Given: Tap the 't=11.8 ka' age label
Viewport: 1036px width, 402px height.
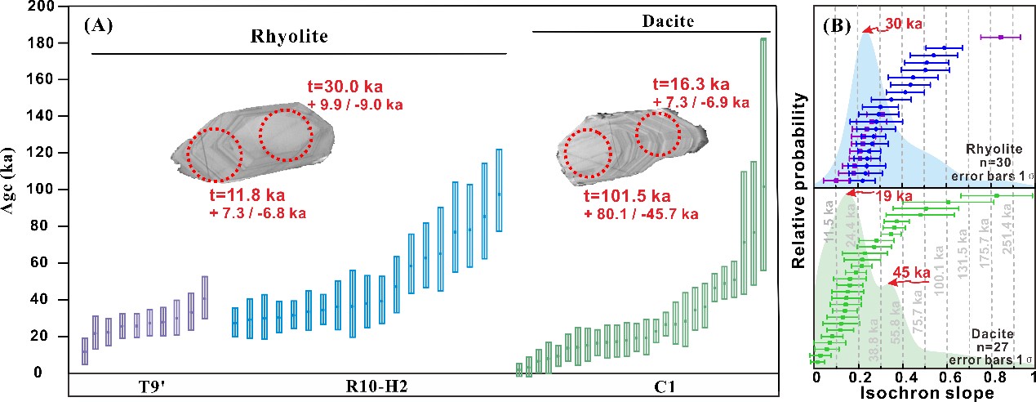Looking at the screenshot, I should click(x=247, y=198).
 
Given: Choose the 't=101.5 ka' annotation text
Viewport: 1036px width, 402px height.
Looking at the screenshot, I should click(x=627, y=197).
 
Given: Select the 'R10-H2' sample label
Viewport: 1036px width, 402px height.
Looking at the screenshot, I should click(x=376, y=386).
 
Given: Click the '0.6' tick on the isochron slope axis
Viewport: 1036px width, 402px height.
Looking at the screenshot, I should click(x=947, y=378).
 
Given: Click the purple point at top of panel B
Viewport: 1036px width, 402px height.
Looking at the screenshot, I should click(x=1000, y=37).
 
